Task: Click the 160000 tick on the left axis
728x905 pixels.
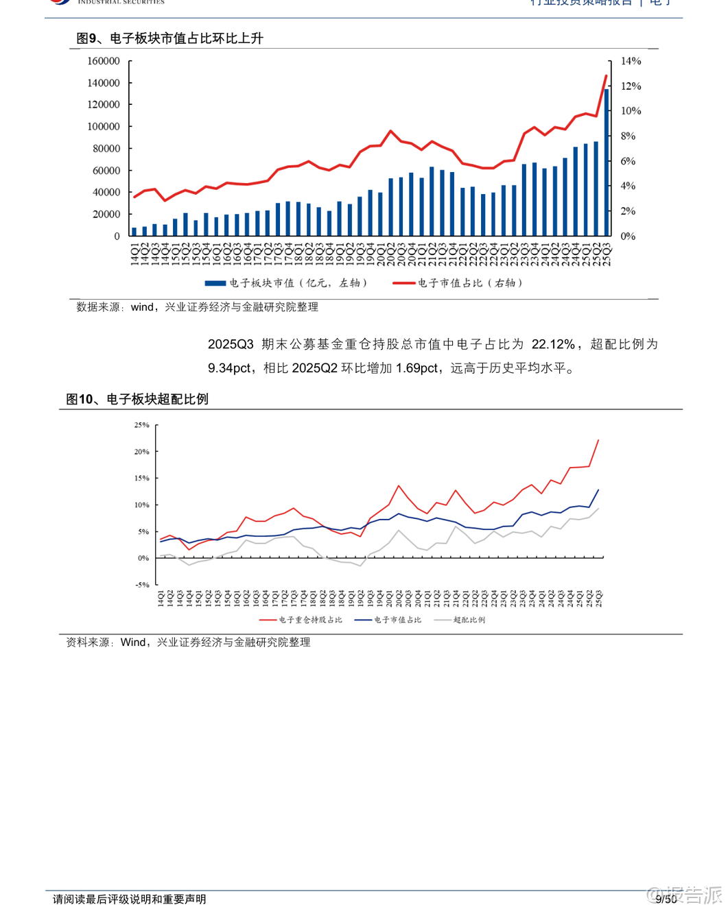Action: click(x=104, y=61)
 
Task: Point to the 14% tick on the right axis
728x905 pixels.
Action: click(x=631, y=61)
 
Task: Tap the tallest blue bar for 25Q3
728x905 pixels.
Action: click(x=606, y=162)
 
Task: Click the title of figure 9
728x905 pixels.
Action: click(x=169, y=38)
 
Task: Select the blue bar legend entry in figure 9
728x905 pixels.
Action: click(x=286, y=282)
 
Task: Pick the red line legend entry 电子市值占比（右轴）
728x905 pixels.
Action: click(x=458, y=282)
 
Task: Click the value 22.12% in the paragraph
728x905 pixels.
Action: click(x=553, y=344)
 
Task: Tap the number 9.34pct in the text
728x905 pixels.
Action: click(x=230, y=368)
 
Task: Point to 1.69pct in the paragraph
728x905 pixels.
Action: click(x=416, y=368)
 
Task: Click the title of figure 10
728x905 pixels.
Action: click(x=137, y=399)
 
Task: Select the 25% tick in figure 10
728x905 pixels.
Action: click(x=141, y=425)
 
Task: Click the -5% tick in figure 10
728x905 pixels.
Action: click(x=141, y=585)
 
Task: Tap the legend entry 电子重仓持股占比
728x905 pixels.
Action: click(x=301, y=620)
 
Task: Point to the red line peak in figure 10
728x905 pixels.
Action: click(x=598, y=440)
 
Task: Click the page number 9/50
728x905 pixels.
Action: click(x=666, y=899)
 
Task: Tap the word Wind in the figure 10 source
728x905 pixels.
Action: click(x=133, y=642)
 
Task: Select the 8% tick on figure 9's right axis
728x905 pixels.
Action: click(x=628, y=136)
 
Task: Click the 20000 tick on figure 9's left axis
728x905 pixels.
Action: click(x=106, y=214)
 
